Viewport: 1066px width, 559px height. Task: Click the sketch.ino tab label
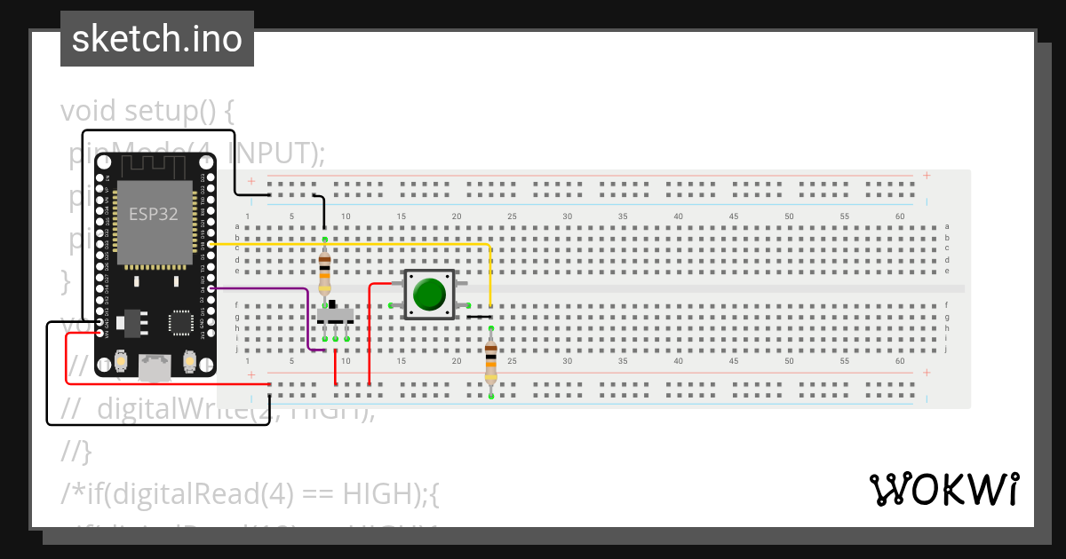coord(157,39)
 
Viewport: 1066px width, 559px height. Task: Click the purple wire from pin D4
coord(266,288)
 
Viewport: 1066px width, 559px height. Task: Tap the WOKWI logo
coord(943,490)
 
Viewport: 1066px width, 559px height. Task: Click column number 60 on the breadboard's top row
coord(900,217)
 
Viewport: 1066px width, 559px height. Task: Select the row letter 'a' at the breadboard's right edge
coord(948,227)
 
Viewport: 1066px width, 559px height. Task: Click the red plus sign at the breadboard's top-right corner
coord(927,176)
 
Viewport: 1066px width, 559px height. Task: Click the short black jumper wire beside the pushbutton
coord(479,316)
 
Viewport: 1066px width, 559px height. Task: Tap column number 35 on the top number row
coord(623,217)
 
